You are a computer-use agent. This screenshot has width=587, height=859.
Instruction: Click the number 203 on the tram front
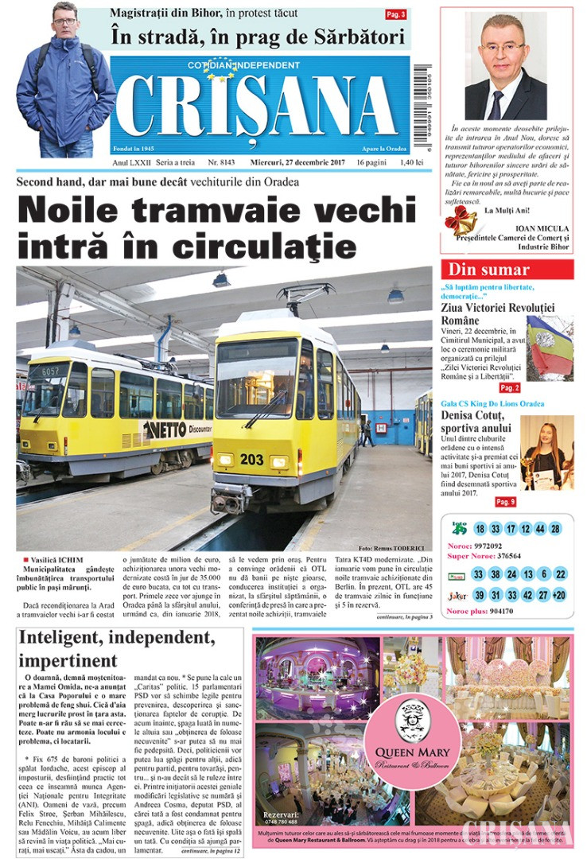(x=251, y=459)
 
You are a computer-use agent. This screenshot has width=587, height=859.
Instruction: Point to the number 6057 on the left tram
(x=50, y=371)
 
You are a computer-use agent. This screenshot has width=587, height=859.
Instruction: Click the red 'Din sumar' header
(x=507, y=269)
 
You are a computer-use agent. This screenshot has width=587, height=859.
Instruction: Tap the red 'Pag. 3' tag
(x=395, y=14)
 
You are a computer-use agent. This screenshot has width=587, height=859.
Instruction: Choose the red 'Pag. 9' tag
(x=506, y=502)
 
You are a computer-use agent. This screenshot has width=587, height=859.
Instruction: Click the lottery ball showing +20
(x=558, y=595)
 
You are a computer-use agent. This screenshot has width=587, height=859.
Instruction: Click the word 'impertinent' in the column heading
(x=68, y=660)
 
